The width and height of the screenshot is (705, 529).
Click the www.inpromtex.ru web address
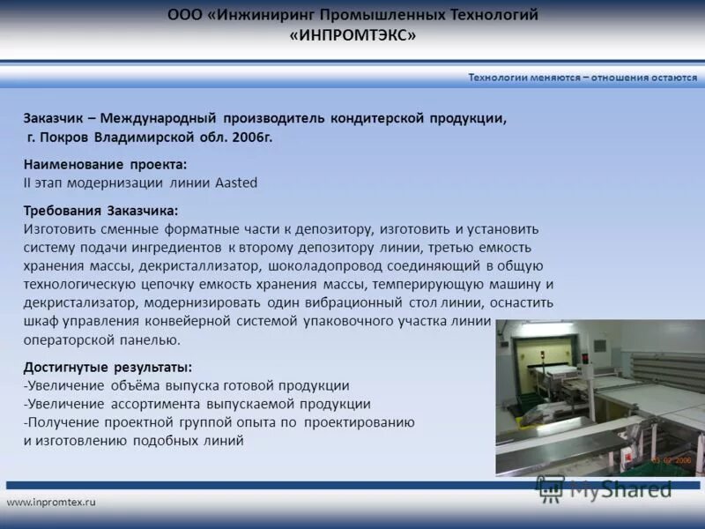click(50, 502)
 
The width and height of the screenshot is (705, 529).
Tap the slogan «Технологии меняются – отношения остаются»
click(583, 77)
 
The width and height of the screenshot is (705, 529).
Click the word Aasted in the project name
click(236, 183)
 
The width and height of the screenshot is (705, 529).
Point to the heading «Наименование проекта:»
click(105, 165)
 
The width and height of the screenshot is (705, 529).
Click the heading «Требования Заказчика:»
click(100, 211)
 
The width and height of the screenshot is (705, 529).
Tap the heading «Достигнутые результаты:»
click(108, 367)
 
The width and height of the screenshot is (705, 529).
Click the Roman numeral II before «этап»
click(27, 183)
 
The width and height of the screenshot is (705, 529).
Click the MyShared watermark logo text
click(620, 489)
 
